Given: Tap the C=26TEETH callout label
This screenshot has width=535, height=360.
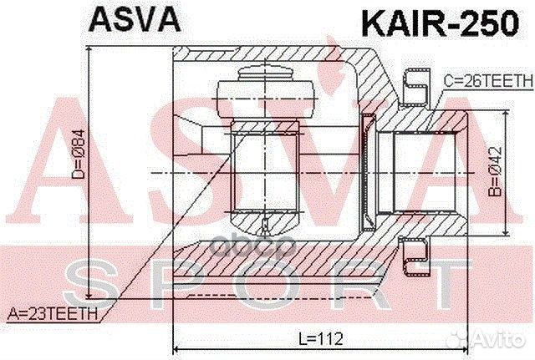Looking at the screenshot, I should coord(487,80).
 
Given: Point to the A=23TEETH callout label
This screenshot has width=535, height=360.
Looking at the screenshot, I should coord(52,314).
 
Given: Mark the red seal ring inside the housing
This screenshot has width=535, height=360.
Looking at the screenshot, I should coord(368,172).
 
